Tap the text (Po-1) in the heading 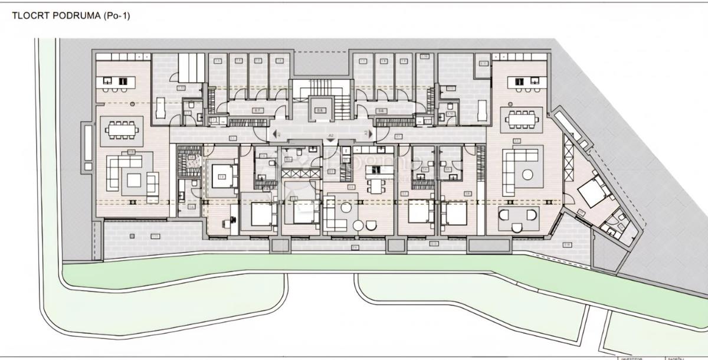pyautogui.click(x=116, y=17)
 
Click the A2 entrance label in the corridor pyautogui.click(x=331, y=136)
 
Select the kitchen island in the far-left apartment pyautogui.click(x=116, y=83)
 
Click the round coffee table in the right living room pyautogui.click(x=529, y=174)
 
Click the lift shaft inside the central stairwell pyautogui.click(x=320, y=109)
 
